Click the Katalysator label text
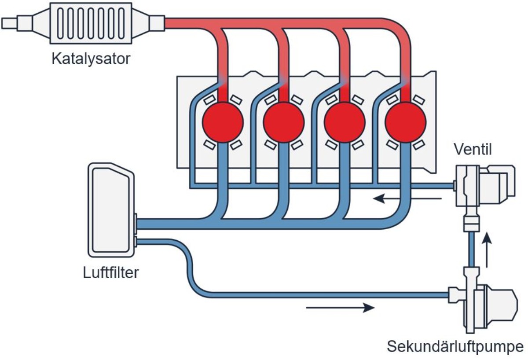click(x=91, y=59)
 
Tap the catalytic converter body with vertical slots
click(x=91, y=23)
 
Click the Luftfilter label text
click(x=111, y=272)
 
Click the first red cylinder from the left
click(x=223, y=122)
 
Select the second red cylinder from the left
click(x=284, y=122)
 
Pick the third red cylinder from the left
click(x=345, y=122)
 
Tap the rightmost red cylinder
click(x=405, y=122)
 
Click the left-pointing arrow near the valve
click(x=407, y=199)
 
